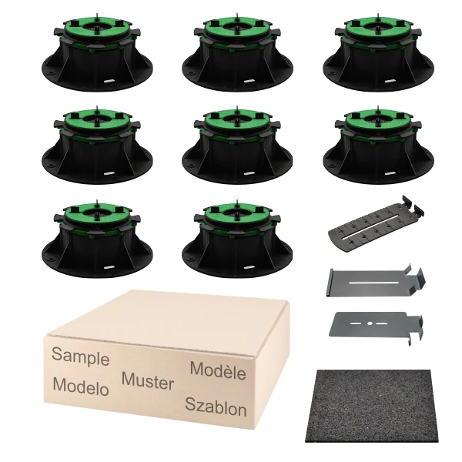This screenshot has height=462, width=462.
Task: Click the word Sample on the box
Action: [x=80, y=356]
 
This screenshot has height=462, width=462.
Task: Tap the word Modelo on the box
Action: [x=81, y=386]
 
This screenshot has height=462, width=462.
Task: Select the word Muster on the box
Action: [x=148, y=380]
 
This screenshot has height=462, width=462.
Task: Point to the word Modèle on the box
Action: [x=218, y=370]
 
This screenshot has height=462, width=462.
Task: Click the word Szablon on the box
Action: [x=216, y=407]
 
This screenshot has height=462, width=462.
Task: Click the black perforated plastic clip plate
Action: [x=377, y=222]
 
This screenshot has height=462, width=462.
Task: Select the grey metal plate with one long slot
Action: [x=376, y=281]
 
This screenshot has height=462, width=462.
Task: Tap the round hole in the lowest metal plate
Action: [x=370, y=323]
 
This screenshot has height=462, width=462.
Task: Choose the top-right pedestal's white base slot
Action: [x=390, y=80]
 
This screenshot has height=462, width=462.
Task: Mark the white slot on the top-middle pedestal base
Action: [x=250, y=80]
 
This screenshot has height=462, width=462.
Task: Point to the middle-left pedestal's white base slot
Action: [x=109, y=172]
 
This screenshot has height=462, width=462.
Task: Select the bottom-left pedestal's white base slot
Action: [x=109, y=266]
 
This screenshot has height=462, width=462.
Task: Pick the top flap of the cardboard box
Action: [x=168, y=320]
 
